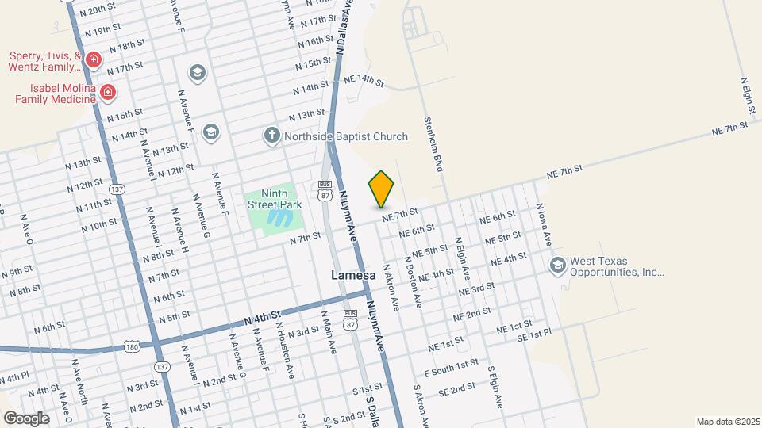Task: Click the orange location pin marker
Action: pos(382,189)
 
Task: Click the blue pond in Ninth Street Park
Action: pos(279,217)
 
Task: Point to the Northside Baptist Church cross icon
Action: pos(271,136)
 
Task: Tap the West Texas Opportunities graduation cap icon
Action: pos(557,265)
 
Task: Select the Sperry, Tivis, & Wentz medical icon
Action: pos(94,60)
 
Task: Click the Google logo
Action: pos(27,418)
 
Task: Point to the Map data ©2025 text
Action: pos(727,422)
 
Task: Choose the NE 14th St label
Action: pos(364,80)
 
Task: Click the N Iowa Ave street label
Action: pos(544,217)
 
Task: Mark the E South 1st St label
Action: pos(452,366)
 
